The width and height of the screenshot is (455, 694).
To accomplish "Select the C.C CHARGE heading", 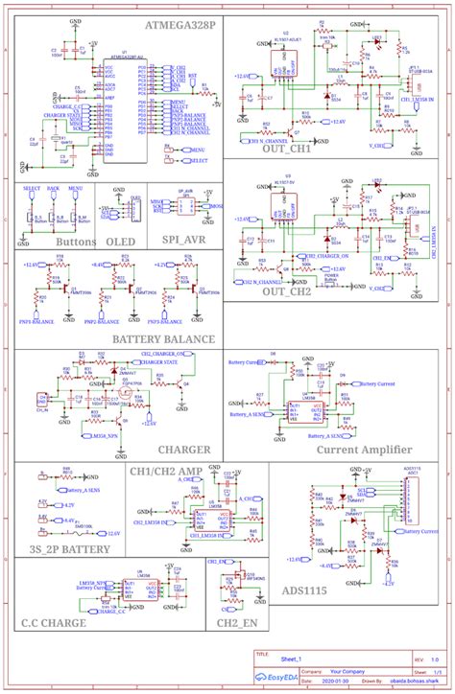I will (x=54, y=623).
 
